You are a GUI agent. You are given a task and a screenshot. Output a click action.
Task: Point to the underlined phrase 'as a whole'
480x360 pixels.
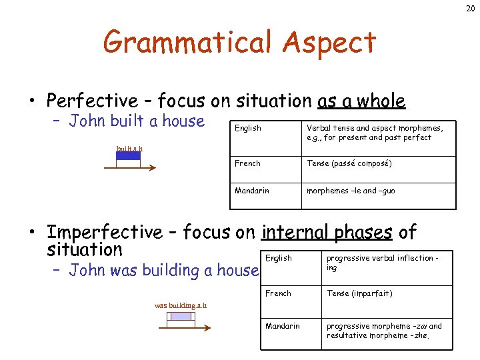point(361,101)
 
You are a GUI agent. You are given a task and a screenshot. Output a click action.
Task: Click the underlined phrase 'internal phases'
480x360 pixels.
point(327,232)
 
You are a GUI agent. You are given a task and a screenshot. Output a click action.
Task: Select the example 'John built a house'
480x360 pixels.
point(137,121)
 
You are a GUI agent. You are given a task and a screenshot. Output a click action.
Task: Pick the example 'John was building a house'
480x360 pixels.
point(163,270)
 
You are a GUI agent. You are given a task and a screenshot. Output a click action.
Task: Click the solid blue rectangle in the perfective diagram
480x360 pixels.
point(128,156)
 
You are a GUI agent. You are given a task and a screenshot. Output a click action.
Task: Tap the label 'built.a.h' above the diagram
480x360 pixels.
point(129,148)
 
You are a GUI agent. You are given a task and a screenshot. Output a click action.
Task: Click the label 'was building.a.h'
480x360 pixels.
point(180,305)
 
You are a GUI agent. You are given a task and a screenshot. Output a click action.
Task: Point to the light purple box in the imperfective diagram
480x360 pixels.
point(181,316)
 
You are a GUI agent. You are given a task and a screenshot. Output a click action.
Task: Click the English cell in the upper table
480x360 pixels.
point(248,128)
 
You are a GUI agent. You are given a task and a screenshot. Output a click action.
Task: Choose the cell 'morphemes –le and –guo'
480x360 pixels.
point(351,191)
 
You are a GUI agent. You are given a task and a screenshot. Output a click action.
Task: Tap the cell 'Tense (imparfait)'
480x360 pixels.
point(359,293)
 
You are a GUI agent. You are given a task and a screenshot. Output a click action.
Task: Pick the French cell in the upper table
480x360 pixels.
point(247,163)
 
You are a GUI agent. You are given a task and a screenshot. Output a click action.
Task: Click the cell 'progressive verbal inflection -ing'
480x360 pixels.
point(381,263)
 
